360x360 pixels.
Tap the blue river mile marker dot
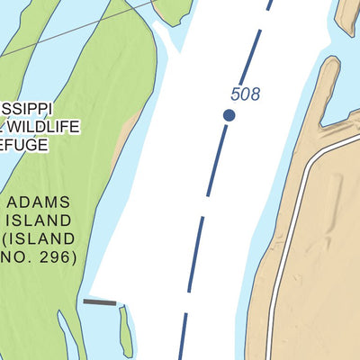[229, 114]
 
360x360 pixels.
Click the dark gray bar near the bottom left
[100, 302]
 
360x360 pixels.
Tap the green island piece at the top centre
[172, 11]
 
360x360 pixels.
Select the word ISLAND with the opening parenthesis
[41, 238]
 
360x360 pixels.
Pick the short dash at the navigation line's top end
[268, 4]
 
